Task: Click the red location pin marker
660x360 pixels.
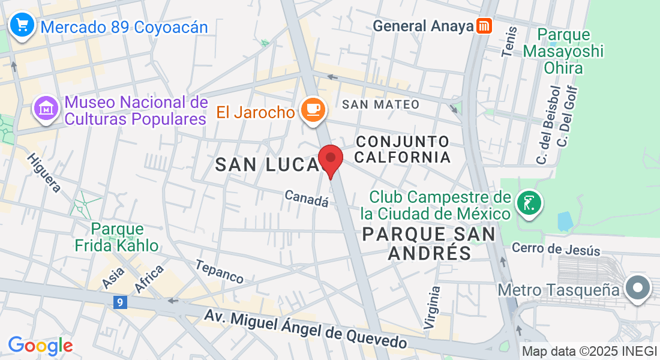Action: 330,160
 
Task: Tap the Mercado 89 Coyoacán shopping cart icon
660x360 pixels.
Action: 23,26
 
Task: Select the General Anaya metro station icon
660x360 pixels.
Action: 484,26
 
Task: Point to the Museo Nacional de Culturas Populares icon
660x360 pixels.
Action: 46,110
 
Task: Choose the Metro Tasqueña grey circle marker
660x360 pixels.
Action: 637,289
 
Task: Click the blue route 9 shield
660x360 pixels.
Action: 120,304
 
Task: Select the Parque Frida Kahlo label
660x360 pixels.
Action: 116,237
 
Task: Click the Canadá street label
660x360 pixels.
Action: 307,199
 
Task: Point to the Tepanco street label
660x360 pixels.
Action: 220,272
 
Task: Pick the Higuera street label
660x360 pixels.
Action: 43,173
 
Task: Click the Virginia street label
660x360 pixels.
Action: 432,307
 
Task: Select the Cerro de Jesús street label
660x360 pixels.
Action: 556,248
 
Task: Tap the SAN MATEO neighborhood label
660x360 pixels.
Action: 380,104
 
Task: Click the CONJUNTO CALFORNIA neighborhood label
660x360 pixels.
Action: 403,149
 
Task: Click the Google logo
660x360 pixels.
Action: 40,346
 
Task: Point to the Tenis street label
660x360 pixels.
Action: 509,42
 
